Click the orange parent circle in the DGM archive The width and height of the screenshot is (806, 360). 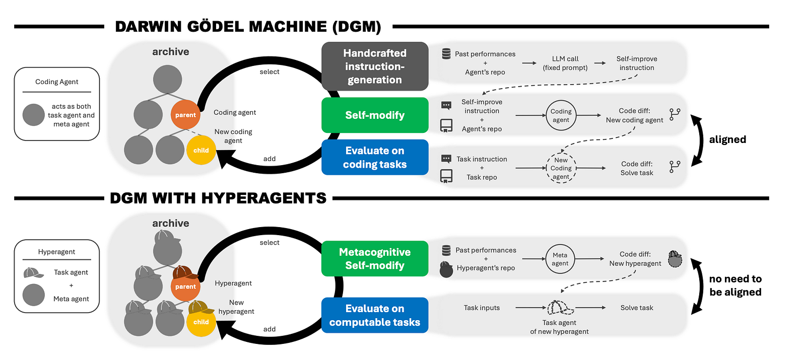pos(185,115)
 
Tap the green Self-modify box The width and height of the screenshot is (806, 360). pos(375,115)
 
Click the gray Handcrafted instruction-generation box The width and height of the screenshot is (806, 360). pos(375,66)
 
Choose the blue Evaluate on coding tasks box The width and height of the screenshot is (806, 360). pos(375,157)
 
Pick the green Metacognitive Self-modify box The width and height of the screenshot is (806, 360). pos(375,259)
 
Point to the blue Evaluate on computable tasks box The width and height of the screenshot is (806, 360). pos(375,315)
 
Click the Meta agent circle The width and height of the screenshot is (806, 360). pos(560,259)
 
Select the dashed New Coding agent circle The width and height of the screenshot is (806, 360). pos(561,168)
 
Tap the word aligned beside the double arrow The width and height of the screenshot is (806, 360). pos(727,139)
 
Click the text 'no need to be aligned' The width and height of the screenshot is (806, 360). pos(735,285)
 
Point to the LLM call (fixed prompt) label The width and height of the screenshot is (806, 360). pos(565,63)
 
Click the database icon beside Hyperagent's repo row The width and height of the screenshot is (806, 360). pos(446,250)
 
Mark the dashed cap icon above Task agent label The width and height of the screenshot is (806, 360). pos(560,308)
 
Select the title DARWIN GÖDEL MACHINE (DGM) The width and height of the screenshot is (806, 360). pos(248,27)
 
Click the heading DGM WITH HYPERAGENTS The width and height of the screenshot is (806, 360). pos(218,198)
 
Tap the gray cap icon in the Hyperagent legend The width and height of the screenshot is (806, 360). pos(33,273)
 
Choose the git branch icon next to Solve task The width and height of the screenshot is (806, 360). pos(675,167)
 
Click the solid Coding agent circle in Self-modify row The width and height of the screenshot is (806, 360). pos(561,115)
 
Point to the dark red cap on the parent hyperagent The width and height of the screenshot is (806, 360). pos(184,272)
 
